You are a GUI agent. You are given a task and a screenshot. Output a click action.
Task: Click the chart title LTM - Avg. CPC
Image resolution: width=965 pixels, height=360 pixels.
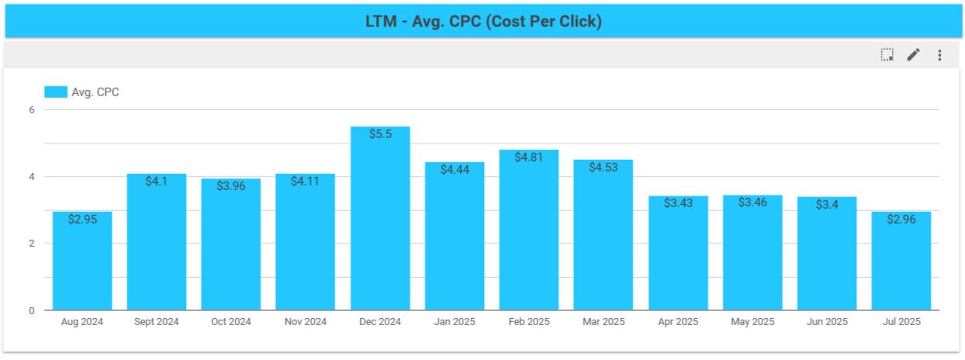click(482, 22)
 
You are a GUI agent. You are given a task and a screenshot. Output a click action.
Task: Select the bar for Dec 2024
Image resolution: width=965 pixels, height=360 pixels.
click(380, 225)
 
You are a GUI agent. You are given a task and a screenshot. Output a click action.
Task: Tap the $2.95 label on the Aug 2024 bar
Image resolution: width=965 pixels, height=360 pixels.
click(82, 220)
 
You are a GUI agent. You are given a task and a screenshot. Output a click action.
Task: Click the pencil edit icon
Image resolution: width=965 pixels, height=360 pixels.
click(913, 55)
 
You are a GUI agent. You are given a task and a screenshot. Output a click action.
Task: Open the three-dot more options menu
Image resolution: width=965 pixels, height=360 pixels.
click(939, 55)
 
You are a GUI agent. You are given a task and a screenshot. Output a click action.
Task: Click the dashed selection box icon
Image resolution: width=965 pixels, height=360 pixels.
click(887, 55)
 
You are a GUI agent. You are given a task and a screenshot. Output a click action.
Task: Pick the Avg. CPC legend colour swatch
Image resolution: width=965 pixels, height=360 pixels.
click(56, 92)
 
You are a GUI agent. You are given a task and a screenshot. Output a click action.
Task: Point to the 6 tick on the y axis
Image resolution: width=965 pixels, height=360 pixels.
click(32, 110)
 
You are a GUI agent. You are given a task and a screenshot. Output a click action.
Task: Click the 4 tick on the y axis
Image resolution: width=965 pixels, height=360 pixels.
click(32, 177)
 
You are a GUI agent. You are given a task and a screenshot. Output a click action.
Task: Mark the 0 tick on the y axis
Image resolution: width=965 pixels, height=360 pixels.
click(32, 310)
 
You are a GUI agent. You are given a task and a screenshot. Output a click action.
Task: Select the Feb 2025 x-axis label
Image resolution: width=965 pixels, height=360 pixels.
click(528, 322)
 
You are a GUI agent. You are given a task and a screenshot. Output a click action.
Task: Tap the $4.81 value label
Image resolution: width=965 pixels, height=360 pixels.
click(529, 157)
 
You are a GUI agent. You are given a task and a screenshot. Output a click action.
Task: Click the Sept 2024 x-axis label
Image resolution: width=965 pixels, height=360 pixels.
click(157, 322)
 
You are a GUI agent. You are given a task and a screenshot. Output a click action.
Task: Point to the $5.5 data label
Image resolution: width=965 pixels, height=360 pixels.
click(380, 134)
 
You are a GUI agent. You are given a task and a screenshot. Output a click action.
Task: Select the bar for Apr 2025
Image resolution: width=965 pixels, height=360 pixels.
click(678, 256)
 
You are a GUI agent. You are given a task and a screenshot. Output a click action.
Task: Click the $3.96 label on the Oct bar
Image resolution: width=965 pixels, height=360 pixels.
click(231, 186)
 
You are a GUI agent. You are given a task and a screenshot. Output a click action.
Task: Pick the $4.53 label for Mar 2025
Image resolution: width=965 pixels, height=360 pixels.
click(604, 167)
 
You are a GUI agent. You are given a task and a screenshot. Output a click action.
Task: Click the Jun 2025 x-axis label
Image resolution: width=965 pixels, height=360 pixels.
click(826, 322)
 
